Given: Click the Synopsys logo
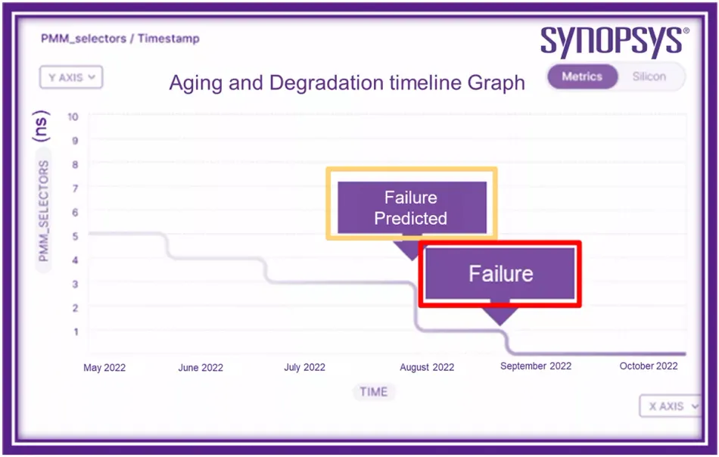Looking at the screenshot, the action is tap(615, 42).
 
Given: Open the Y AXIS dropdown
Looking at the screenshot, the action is tap(71, 77).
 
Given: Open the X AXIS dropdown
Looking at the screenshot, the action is tap(671, 406).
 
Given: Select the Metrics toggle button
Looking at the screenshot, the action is tap(582, 76).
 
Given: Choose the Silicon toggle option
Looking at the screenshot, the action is tap(649, 76).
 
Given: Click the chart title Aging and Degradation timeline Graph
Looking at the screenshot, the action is tap(347, 83).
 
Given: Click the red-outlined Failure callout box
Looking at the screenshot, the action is tap(500, 274).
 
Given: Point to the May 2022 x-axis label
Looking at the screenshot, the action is tap(104, 368).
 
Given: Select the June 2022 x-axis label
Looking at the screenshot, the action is tap(201, 368).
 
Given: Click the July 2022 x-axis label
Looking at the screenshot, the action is tap(304, 367).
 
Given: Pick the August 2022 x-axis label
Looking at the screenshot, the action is tap(427, 367).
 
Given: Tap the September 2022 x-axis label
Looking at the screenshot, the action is tap(536, 365).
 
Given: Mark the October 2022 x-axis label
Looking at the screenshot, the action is tap(649, 365).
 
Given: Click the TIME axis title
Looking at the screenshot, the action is tap(374, 392).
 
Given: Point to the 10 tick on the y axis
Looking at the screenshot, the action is tap(73, 117).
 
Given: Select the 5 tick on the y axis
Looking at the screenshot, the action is tap(75, 236).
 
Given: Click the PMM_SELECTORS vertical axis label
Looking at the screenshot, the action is tap(44, 211).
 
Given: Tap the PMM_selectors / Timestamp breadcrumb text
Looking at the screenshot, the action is tap(120, 39).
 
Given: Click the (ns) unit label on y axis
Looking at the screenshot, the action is tap(40, 126).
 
